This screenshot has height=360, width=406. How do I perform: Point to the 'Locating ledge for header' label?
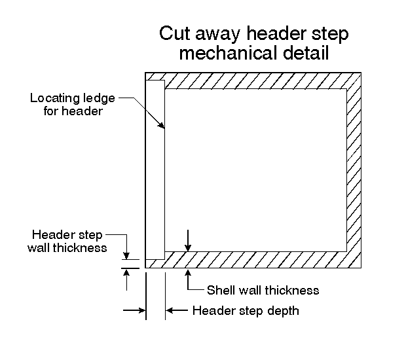(73, 105)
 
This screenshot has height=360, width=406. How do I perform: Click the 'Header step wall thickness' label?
(69, 241)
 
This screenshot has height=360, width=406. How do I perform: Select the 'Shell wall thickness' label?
(263, 290)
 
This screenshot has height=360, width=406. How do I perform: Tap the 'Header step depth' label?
(246, 310)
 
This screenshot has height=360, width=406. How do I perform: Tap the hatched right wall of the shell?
(354, 170)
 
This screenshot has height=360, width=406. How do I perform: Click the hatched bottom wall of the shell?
(255, 260)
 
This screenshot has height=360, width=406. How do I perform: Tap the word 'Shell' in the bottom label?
(220, 290)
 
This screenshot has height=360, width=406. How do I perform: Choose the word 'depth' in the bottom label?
(284, 310)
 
